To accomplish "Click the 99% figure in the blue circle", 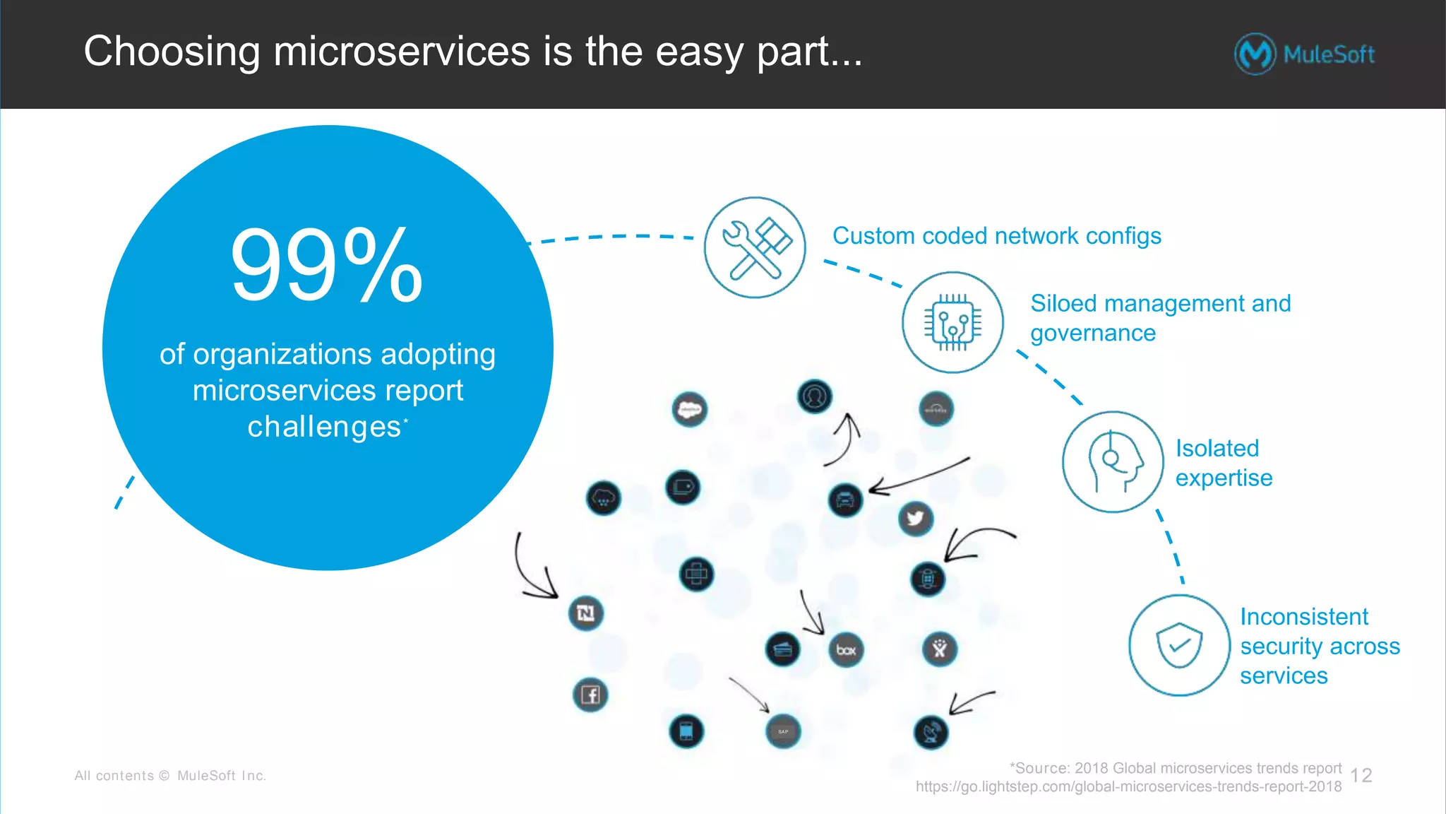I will click(326, 266).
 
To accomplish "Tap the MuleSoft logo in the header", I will click(1304, 54).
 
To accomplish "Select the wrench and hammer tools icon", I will click(755, 247).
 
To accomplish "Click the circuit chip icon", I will click(952, 322).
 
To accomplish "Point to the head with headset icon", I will click(1113, 461).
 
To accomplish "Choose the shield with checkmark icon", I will click(1178, 644).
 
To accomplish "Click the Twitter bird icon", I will click(916, 519).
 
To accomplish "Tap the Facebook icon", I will click(590, 695).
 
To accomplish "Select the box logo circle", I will click(846, 649).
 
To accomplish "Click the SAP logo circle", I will click(783, 731).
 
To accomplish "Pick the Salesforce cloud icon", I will click(690, 409).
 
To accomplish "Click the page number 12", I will click(1361, 776).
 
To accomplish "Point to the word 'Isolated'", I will click(1217, 448).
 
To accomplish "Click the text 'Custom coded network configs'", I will click(996, 236).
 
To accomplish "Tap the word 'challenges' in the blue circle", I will click(324, 427).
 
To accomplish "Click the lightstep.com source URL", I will click(1128, 786).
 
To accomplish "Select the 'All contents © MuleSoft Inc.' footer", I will click(170, 776).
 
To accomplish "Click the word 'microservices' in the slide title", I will click(401, 52).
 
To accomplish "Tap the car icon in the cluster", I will click(845, 500).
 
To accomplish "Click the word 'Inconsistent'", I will click(1303, 616).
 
